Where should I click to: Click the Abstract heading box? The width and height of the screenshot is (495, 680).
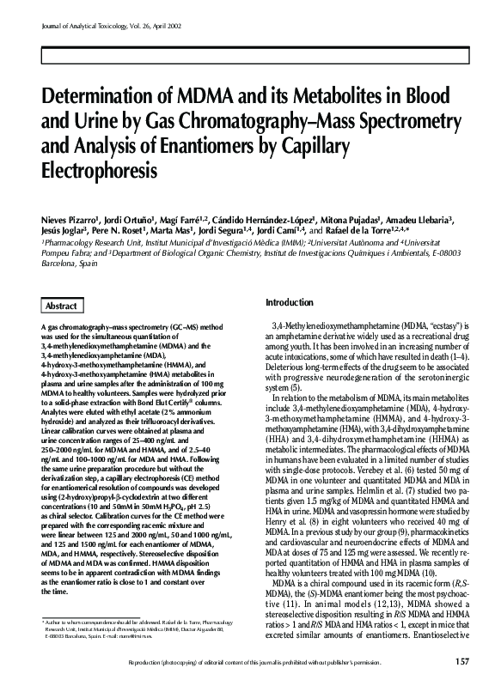pos(61,306)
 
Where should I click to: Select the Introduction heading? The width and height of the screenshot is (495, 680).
pos(290,303)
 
